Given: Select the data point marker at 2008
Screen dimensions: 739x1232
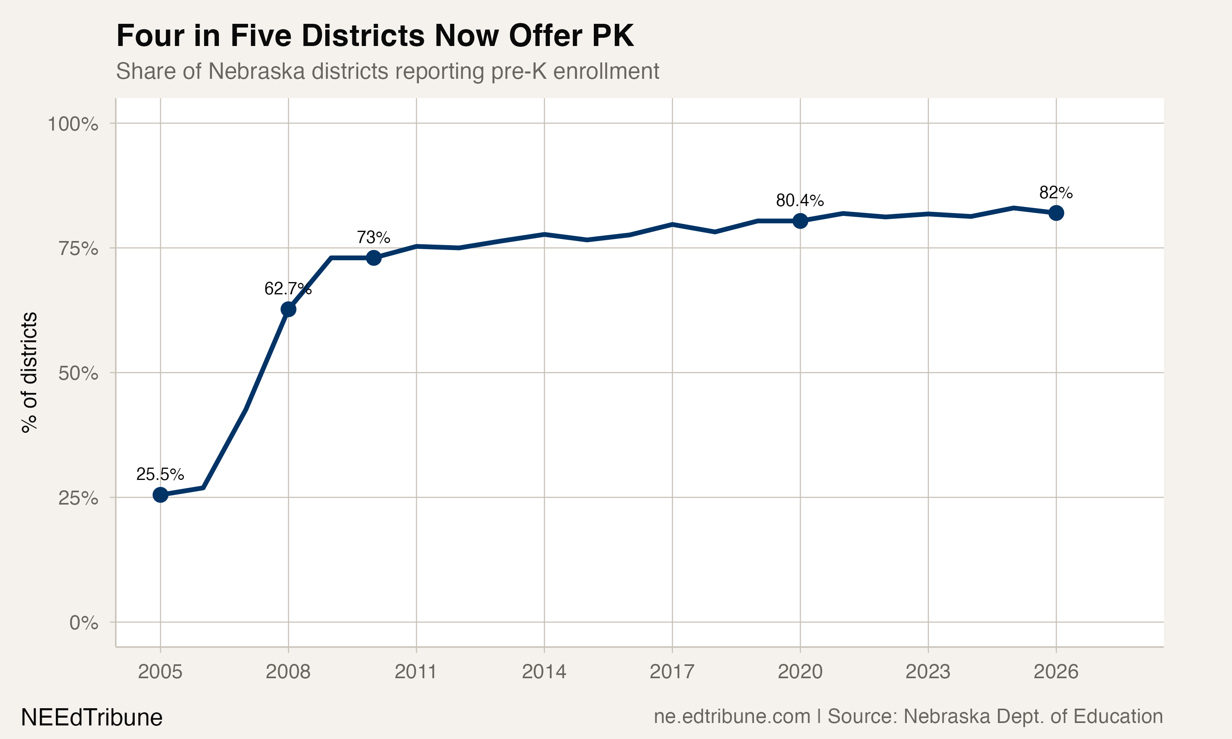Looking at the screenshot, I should (x=288, y=309).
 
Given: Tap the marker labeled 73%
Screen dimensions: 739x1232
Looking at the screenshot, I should (x=373, y=258).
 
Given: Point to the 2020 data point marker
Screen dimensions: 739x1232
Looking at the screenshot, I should (x=800, y=220).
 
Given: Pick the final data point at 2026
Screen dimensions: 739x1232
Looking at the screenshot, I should (x=1056, y=213).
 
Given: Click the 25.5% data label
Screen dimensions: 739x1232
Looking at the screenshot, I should (x=160, y=474).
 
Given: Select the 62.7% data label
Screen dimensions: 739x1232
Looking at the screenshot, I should (x=288, y=288).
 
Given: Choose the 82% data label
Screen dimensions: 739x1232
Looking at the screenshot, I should (x=1056, y=192).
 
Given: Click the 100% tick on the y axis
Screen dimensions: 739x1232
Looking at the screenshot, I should (x=73, y=124).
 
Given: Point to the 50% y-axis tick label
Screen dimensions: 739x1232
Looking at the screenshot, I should (x=78, y=374).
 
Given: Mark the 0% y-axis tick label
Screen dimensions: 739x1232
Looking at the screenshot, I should (x=84, y=622).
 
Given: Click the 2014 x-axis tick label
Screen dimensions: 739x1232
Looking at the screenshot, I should (x=544, y=672).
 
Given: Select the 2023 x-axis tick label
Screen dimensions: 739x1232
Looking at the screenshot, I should (x=928, y=672).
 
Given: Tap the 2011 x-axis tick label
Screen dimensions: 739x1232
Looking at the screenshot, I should (x=416, y=672).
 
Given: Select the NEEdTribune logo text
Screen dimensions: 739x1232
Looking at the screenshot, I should (x=92, y=718).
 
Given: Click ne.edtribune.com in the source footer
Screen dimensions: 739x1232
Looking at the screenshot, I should (x=731, y=716).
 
